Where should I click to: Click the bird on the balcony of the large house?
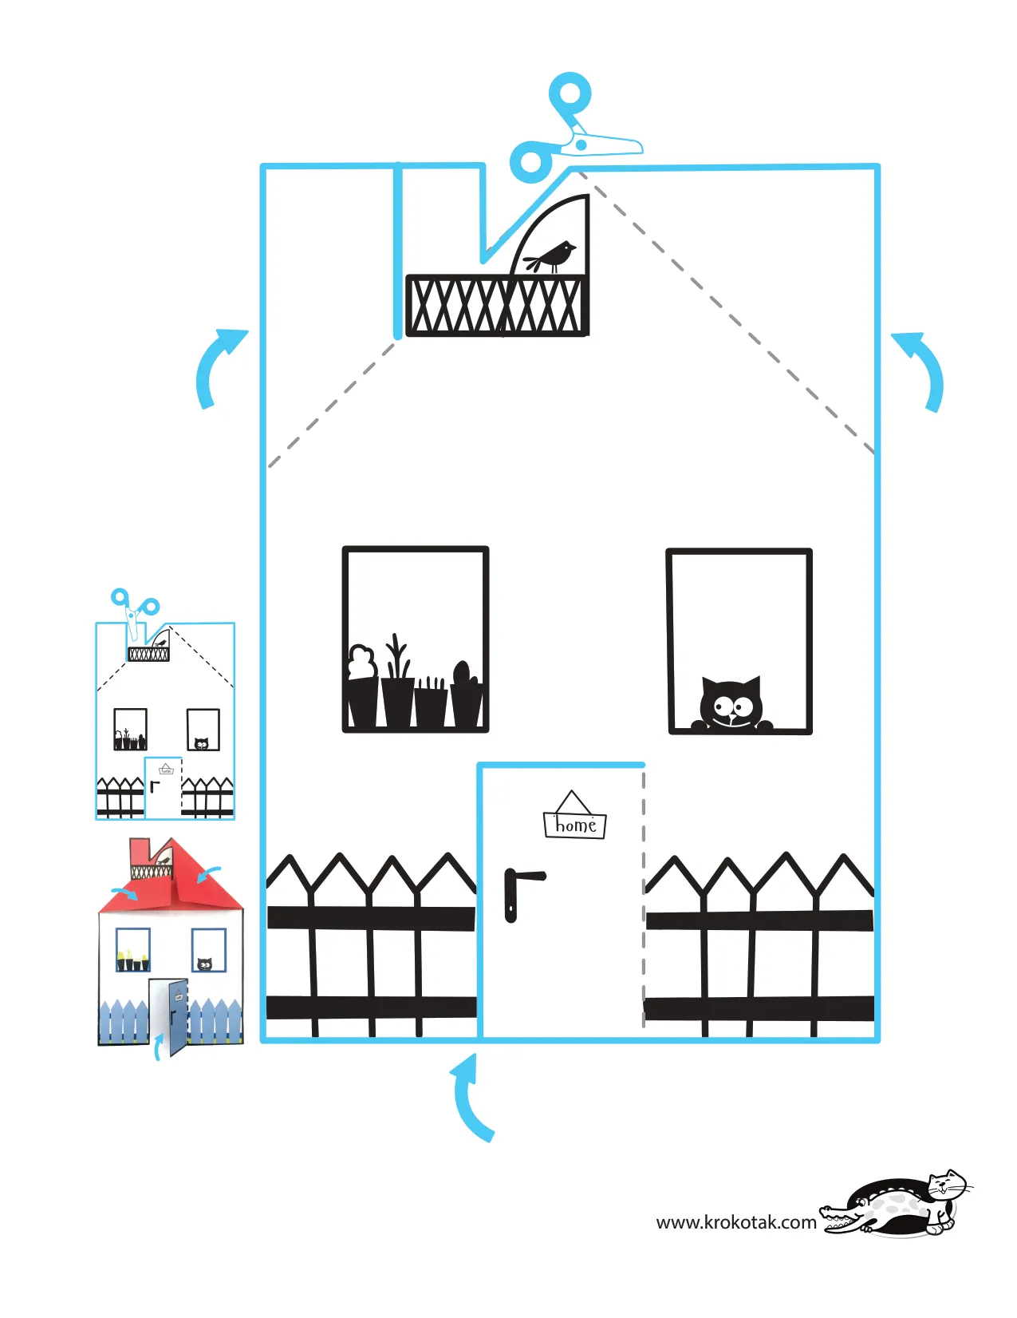[x=554, y=256]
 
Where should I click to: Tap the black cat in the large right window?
[x=731, y=705]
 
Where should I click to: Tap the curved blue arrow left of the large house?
[x=215, y=367]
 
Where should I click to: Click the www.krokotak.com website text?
[x=735, y=1222]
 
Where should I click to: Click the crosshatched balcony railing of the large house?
[x=496, y=305]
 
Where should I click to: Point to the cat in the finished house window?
[x=205, y=964]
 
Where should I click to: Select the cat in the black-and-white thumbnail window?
[x=202, y=743]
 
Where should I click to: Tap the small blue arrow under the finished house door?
[x=159, y=1047]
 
